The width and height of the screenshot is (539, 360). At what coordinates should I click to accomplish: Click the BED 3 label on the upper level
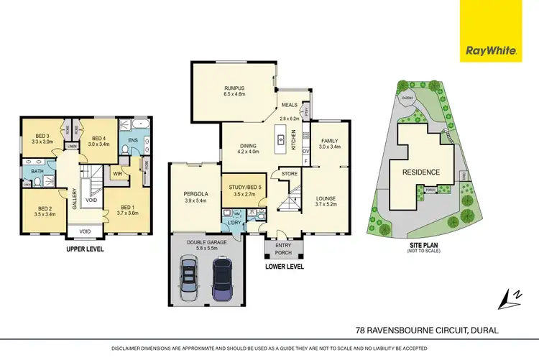coord(42,136)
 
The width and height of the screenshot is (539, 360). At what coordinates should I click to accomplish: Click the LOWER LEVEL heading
coord(284,266)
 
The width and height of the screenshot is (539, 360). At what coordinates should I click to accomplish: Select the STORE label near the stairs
coord(290,173)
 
